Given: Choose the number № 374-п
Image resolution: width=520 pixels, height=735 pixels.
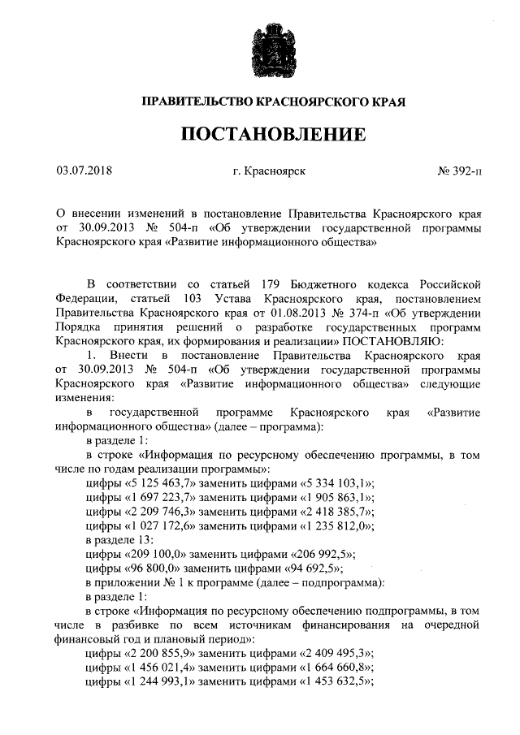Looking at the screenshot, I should coord(354,313).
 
